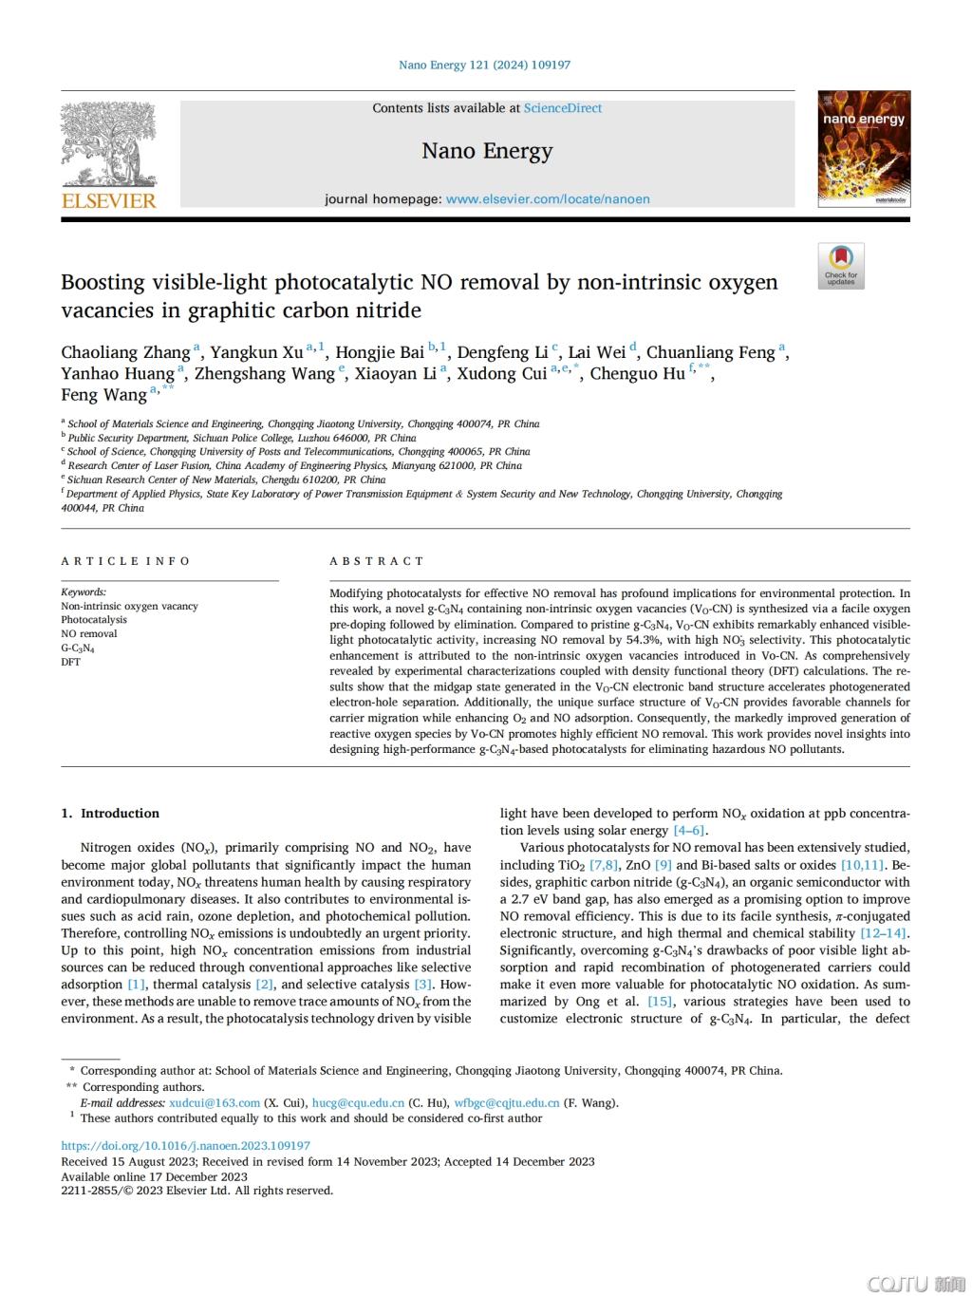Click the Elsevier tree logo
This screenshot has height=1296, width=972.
click(x=108, y=143)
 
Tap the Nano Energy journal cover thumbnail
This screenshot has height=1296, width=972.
click(x=864, y=149)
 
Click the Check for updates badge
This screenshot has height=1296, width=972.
click(x=841, y=266)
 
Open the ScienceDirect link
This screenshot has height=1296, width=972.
click(x=563, y=108)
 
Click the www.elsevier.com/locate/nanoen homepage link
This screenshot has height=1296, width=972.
click(x=548, y=199)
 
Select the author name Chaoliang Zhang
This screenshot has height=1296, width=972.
click(x=125, y=353)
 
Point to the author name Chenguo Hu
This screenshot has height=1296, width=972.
click(x=637, y=374)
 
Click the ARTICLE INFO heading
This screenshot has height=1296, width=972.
click(x=125, y=561)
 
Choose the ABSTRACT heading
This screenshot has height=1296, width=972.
click(x=377, y=561)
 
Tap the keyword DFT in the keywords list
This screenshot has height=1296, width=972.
click(x=70, y=662)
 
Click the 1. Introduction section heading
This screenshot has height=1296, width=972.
click(x=110, y=814)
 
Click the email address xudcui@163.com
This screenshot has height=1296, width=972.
click(x=215, y=1103)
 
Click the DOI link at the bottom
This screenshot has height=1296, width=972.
click(x=185, y=1146)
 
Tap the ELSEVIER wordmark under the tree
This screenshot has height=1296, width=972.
click(x=108, y=200)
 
